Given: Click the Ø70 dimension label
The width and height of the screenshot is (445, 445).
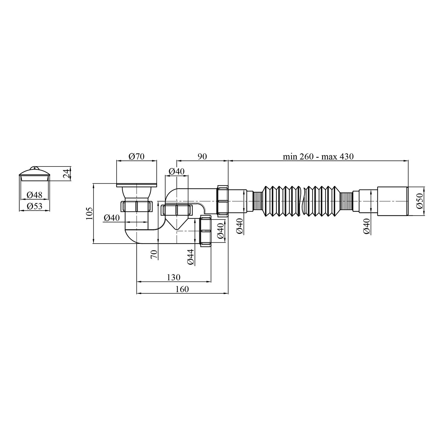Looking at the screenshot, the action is pos(137,156).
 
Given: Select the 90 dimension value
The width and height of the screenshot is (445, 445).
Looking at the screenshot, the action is pos(202,156).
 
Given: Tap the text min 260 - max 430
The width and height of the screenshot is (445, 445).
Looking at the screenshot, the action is pos(318,156).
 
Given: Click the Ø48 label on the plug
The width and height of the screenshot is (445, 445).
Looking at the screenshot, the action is pos(34,195).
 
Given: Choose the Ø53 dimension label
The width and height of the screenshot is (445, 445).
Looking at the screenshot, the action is pos(34,206).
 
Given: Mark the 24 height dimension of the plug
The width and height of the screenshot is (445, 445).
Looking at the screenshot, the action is pos(67,173).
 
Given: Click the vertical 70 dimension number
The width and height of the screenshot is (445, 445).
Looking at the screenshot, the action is pos(154,254).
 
